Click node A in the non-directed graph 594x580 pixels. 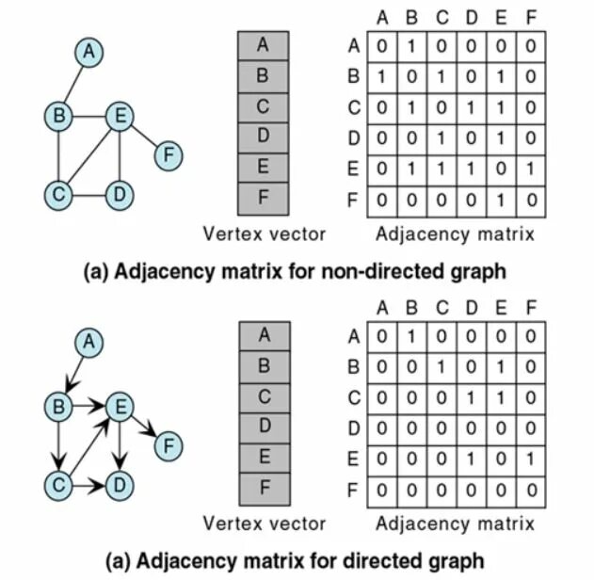pos(88,53)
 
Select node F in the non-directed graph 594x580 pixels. pos(169,153)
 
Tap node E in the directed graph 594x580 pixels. pos(119,406)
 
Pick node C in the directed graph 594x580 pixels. pos(59,485)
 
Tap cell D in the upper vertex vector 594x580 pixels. pos(263,137)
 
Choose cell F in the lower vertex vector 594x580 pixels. pos(263,488)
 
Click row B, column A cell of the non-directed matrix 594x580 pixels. pos(379,76)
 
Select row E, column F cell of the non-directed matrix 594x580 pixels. pos(530,169)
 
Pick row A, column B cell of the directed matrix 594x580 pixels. pos(409,335)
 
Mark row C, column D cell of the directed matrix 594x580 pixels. pos(471,397)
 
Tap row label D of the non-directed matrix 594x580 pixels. pos(354,138)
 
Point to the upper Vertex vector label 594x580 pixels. pos(265,234)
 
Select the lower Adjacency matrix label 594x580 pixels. pos(455,524)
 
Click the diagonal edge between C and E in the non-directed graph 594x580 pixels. pos(88,155)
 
